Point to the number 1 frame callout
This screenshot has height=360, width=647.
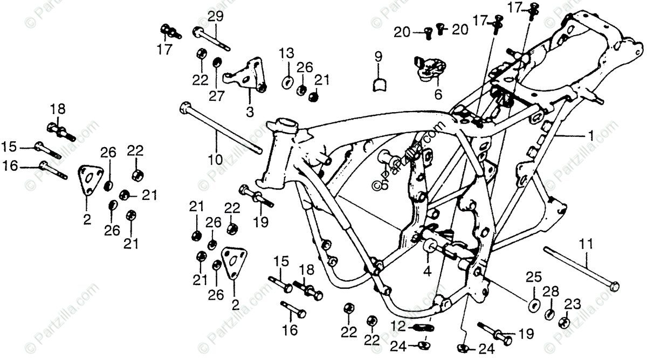pos(591,137)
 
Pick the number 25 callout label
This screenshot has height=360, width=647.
pos(533,278)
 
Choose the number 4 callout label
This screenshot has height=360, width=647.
pos(428,272)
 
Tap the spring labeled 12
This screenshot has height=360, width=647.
pos(424,327)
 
